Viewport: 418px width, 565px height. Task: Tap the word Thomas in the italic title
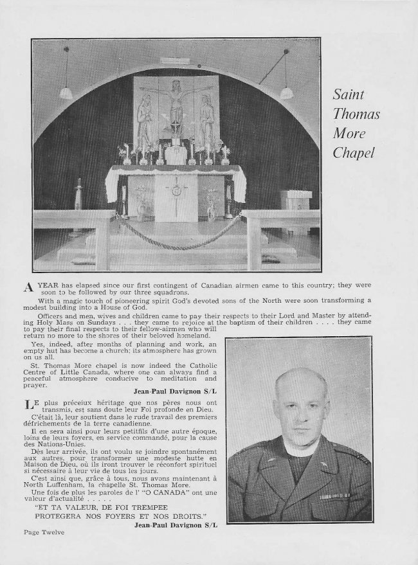point(356,115)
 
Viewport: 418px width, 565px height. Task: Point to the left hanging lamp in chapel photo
point(66,93)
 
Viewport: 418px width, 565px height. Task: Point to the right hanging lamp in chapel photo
point(286,93)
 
